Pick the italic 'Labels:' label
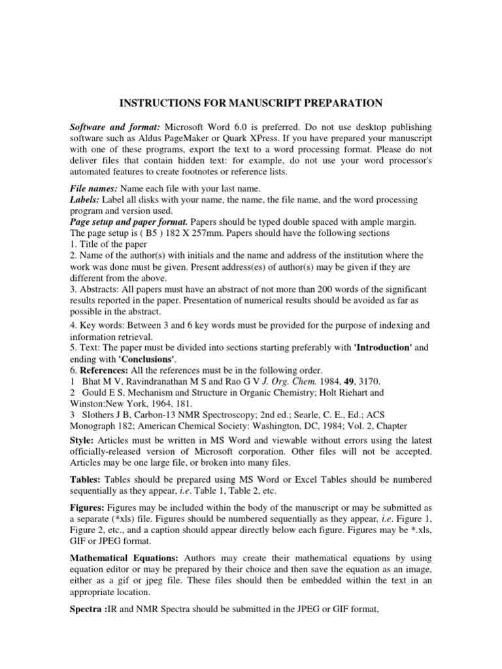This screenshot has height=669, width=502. click(85, 199)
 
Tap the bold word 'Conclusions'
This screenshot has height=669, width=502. click(146, 359)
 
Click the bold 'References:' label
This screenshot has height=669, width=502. click(105, 370)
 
